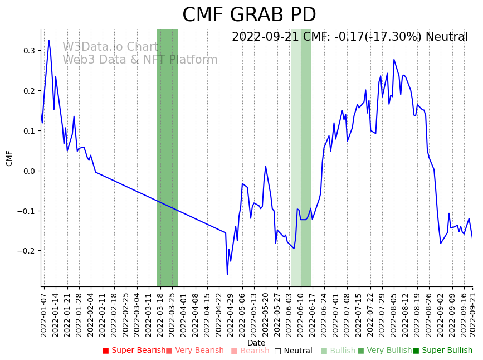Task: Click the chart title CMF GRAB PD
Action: (x=249, y=15)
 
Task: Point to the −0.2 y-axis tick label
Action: (x=26, y=251)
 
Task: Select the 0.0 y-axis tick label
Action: (x=28, y=171)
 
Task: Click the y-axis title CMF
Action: (x=9, y=158)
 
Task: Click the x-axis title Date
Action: (x=256, y=343)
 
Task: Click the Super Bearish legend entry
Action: (x=134, y=351)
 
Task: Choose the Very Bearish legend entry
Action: (x=194, y=351)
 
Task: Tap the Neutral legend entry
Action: (x=293, y=351)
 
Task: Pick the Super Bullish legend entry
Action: (x=442, y=351)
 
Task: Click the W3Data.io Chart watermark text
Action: (x=110, y=47)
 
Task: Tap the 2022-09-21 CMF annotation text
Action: (x=350, y=37)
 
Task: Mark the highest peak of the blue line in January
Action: (x=48, y=40)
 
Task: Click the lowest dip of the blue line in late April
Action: (x=227, y=274)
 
